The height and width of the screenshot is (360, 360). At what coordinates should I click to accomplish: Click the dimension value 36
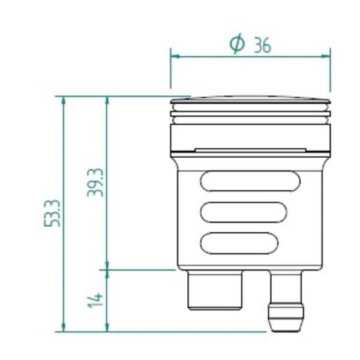tap(262, 45)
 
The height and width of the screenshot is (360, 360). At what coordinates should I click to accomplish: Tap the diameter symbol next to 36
tap(238, 44)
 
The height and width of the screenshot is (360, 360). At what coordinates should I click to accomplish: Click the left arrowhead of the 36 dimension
tap(174, 56)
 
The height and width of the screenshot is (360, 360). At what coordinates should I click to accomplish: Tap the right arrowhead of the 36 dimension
tap(327, 56)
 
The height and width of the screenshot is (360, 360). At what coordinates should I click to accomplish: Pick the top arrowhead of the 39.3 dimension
tap(107, 100)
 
